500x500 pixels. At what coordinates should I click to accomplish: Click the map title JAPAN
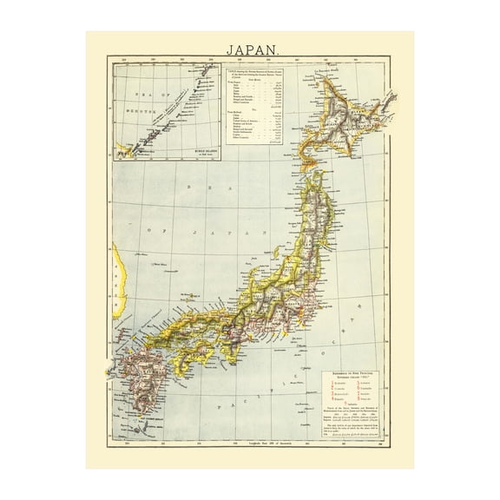coord(250,49)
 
